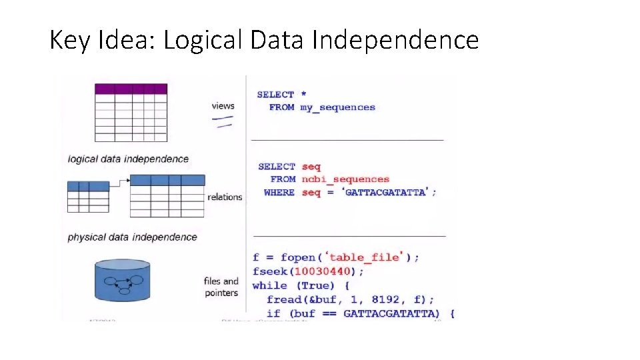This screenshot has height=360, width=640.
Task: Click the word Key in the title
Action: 65,41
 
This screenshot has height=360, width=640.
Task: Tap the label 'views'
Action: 223,105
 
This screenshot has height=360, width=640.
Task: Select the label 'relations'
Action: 225,197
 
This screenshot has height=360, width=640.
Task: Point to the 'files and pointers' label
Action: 221,287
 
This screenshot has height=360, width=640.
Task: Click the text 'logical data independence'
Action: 128,159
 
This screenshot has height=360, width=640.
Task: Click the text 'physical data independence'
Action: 132,237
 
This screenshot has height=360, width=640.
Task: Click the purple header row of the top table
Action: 131,89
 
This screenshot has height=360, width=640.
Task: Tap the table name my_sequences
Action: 337,107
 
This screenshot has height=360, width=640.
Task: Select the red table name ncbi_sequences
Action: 345,179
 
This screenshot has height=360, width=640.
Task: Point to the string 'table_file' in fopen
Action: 366,257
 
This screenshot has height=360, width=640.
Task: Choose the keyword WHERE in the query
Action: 279,193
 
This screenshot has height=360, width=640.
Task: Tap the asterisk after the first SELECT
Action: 303,95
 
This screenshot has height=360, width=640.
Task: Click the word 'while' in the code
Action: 269,285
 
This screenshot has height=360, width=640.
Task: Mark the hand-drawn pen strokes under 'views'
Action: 223,121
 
